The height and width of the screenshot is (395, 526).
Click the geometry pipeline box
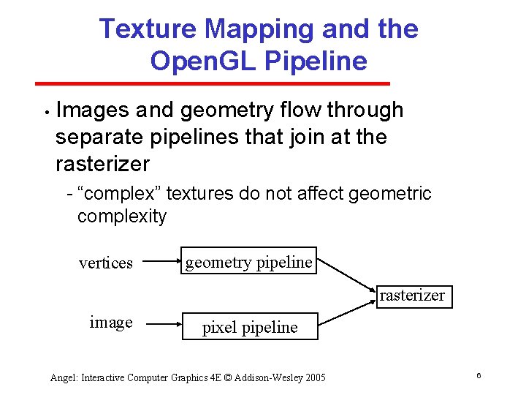click(x=248, y=261)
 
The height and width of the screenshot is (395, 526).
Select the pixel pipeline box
click(x=250, y=327)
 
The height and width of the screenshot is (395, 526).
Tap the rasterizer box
click(x=411, y=296)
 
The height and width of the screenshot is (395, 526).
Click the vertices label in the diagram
click(x=106, y=263)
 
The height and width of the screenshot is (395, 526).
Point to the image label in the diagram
click(x=110, y=323)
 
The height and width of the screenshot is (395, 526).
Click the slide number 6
click(x=478, y=375)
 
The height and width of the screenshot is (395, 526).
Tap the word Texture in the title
click(x=148, y=29)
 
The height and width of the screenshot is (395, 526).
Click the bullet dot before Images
click(x=45, y=113)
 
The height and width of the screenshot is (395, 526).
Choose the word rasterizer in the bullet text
click(x=102, y=163)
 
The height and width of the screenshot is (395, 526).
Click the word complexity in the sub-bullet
click(x=122, y=217)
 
